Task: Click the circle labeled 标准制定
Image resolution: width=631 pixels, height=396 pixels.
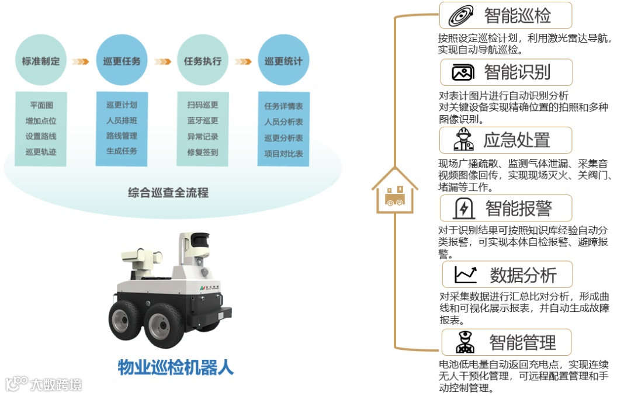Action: click(x=41, y=61)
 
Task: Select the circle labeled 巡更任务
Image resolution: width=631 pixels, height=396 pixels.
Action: click(x=122, y=61)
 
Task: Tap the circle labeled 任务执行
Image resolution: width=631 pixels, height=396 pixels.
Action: click(x=202, y=61)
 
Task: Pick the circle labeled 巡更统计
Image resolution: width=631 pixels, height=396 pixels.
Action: click(x=283, y=61)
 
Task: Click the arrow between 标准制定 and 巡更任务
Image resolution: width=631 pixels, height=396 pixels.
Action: click(x=81, y=61)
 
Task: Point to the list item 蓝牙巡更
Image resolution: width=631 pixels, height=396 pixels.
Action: click(x=202, y=121)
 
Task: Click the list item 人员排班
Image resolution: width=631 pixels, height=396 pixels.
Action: click(x=122, y=121)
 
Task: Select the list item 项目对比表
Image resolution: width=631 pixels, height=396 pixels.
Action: click(x=283, y=154)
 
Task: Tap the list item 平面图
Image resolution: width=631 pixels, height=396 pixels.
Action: click(x=41, y=105)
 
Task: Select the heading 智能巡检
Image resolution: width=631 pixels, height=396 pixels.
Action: click(x=517, y=16)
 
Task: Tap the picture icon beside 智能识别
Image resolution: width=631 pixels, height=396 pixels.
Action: click(x=463, y=72)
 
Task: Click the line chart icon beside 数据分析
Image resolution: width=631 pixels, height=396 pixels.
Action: click(x=466, y=275)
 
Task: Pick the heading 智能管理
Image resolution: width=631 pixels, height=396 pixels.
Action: click(x=522, y=342)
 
